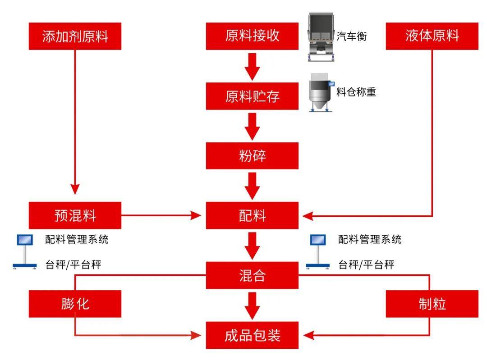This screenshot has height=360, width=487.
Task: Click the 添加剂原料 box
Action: tap(75, 36)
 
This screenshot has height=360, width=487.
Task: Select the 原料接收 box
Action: tap(252, 36)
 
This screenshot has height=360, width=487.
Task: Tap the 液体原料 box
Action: tap(432, 36)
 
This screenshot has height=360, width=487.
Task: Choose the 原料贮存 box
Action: tap(252, 96)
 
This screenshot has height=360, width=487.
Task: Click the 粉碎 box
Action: tap(252, 155)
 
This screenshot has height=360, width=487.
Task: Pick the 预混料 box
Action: tap(75, 215)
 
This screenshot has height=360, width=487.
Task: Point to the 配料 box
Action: tap(252, 215)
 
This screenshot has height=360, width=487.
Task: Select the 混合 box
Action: tap(252, 275)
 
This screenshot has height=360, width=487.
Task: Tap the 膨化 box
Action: tap(75, 304)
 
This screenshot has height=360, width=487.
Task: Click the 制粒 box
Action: tap(432, 304)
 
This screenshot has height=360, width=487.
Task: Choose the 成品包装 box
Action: tap(252, 335)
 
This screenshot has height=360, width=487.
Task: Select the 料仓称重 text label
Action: tap(356, 92)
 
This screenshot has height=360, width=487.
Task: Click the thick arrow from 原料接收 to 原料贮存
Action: tap(252, 66)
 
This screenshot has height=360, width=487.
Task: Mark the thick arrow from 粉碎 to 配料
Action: tap(252, 185)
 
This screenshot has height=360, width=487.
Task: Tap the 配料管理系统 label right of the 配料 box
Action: tap(370, 239)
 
